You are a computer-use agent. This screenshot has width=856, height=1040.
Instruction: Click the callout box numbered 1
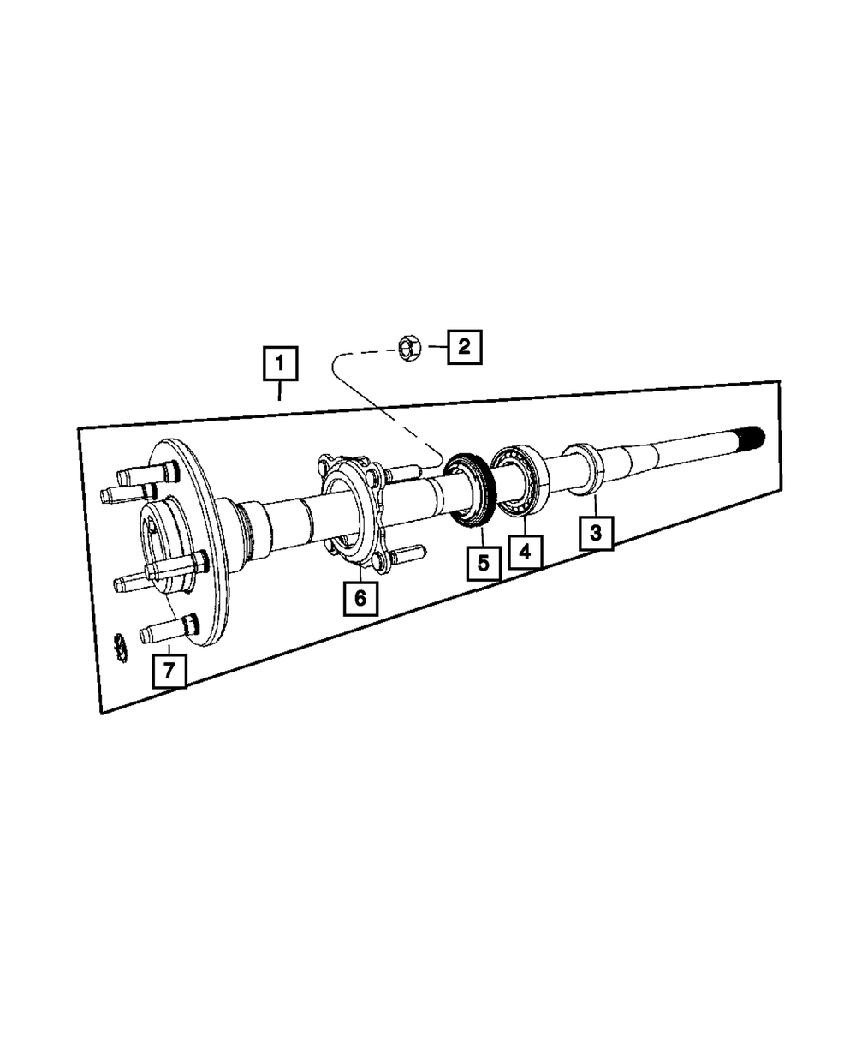pos(280,363)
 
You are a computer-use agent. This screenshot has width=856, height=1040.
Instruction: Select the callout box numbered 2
pos(464,347)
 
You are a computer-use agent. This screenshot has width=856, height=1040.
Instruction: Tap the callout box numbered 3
pos(596,534)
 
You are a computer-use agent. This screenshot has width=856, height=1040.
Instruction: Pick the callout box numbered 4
pos(525,552)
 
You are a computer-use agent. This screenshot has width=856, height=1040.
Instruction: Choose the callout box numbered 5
pos(484,564)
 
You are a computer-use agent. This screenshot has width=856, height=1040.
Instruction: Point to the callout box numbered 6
pos(360,598)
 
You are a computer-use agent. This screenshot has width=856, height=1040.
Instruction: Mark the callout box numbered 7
pos(169,671)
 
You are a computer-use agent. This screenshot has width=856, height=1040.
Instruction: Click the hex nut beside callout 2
pos(409,348)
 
